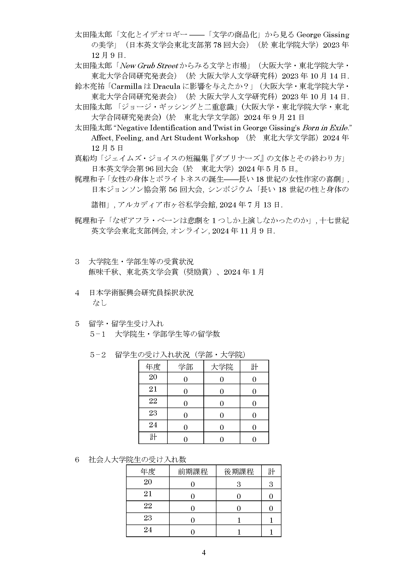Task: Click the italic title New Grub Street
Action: click(x=149, y=66)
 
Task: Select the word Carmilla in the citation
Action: click(x=126, y=86)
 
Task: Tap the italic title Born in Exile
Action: click(x=325, y=128)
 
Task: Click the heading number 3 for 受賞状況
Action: click(x=77, y=262)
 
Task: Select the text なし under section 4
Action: click(x=100, y=303)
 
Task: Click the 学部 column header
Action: click(x=186, y=367)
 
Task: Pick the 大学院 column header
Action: click(x=222, y=367)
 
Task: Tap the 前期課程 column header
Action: click(x=193, y=472)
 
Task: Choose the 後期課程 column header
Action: click(x=239, y=472)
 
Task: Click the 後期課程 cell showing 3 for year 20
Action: click(x=239, y=484)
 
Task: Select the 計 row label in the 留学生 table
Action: click(x=153, y=437)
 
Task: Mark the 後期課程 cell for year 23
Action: click(x=239, y=520)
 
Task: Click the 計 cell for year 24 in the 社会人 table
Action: click(x=271, y=532)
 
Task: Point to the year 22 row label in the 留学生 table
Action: click(x=153, y=401)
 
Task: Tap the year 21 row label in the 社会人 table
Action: click(x=148, y=494)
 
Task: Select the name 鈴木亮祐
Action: click(x=90, y=86)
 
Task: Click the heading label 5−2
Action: click(x=98, y=355)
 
